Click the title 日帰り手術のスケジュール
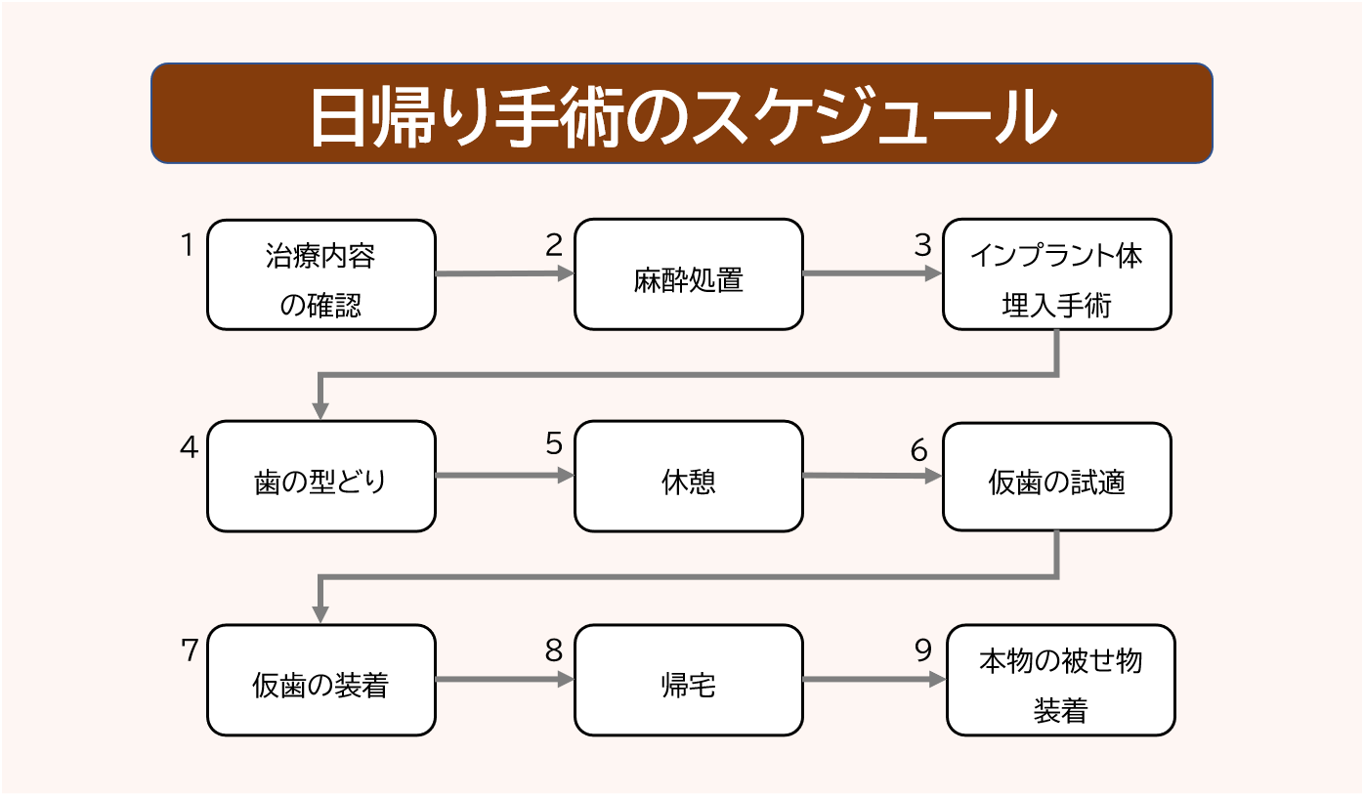tap(681, 114)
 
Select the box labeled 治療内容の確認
tap(320, 274)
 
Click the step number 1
tap(188, 245)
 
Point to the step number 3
tap(922, 245)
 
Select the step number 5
tap(554, 444)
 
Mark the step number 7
tap(189, 650)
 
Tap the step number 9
tap(923, 650)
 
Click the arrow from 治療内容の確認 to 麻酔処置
tap(503, 274)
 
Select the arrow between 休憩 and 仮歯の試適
tap(870, 477)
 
